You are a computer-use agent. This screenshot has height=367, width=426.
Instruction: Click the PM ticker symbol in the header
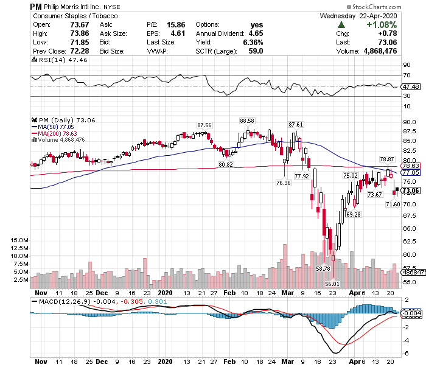click(x=36, y=5)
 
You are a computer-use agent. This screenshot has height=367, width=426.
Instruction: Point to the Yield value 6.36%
click(x=254, y=43)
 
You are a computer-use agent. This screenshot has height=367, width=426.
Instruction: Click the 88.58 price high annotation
click(x=246, y=121)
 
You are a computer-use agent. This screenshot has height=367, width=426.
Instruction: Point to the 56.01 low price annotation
click(x=332, y=284)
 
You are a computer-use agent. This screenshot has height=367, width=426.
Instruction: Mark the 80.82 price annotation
click(x=226, y=164)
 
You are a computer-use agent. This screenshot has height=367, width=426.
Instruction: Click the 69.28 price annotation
click(x=354, y=214)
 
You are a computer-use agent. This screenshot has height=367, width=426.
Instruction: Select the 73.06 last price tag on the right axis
click(x=411, y=190)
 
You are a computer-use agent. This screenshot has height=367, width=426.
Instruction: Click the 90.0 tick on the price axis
click(x=409, y=121)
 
